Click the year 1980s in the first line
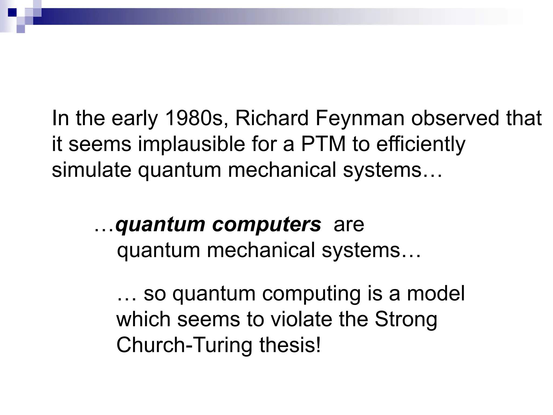pos(196,118)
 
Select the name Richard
pos(272,118)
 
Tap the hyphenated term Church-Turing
pos(184,345)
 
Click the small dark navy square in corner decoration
pos(12,12)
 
